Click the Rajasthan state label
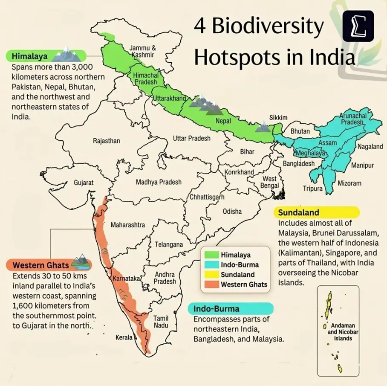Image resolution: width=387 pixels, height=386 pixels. pos(107,141)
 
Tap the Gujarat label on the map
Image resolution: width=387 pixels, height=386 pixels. pos(84,183)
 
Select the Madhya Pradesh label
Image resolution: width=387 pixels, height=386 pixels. pos(159,182)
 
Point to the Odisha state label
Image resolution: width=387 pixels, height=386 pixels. pos(232,211)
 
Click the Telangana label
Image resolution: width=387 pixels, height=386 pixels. pos(169,245)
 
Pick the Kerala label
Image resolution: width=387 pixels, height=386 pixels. pos(124,337)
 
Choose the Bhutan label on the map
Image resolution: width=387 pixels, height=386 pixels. pos(300,131)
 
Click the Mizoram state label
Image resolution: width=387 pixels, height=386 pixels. pos(349,183)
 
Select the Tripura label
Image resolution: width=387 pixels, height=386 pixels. pos(312,189)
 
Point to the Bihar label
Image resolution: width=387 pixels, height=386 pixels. pos(247,151)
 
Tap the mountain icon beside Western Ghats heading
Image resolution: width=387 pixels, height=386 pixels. pos(80,262)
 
